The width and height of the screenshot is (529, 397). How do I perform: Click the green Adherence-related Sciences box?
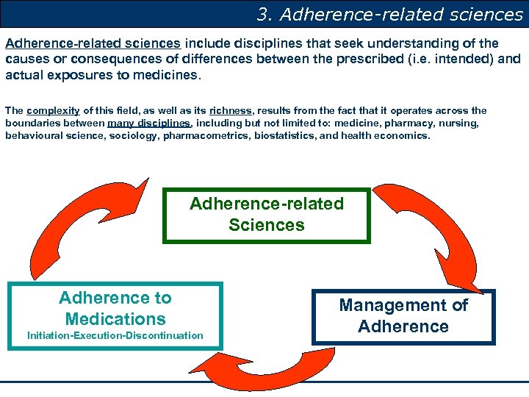[x=266, y=215]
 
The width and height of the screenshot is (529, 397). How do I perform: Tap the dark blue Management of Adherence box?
[x=403, y=317]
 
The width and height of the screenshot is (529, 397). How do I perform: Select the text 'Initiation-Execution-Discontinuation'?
[x=115, y=336]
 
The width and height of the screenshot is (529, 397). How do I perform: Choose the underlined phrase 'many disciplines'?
[x=149, y=124]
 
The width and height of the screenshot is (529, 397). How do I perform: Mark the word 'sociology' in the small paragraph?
[x=134, y=136]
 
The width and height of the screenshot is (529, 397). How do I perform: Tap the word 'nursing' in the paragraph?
[x=459, y=124]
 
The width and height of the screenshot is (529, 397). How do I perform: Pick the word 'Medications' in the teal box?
[x=115, y=319]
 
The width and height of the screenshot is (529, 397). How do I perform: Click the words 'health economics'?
[x=393, y=136]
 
